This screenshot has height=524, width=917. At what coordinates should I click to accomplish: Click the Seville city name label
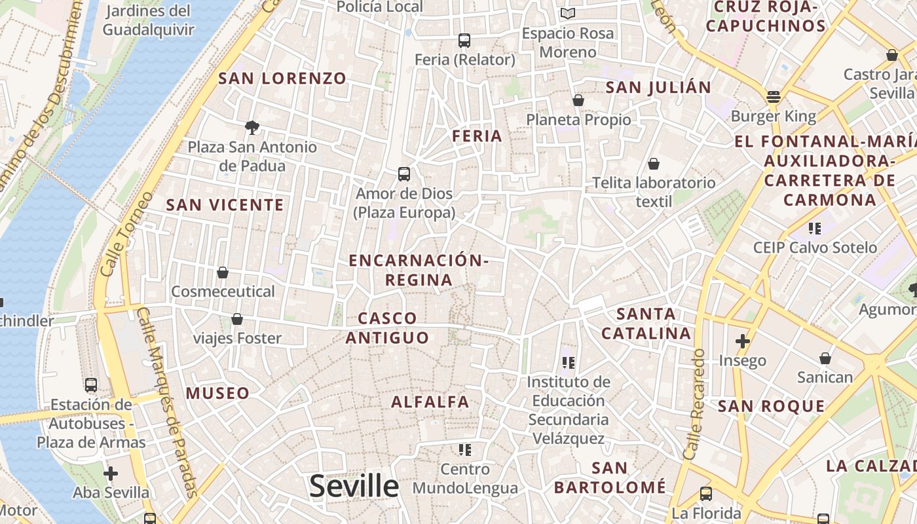(x=354, y=487)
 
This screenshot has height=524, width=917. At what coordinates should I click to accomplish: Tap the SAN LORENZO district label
(x=282, y=79)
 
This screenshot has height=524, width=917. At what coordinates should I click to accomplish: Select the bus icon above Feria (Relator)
(x=464, y=41)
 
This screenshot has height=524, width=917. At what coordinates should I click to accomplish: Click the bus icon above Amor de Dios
(x=404, y=174)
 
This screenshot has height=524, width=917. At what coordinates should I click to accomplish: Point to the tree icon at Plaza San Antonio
(x=252, y=127)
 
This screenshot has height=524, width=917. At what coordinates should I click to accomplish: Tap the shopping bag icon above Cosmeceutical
(x=223, y=272)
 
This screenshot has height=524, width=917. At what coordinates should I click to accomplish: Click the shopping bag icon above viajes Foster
(x=237, y=319)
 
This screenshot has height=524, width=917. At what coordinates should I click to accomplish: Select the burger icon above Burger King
(x=774, y=97)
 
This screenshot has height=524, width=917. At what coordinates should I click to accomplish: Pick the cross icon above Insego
(x=742, y=341)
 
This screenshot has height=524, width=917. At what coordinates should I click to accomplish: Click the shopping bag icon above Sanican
(x=825, y=358)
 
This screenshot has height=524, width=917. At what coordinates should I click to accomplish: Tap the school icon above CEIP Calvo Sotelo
(x=815, y=229)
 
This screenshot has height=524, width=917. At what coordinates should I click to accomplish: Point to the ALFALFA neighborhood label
(x=430, y=402)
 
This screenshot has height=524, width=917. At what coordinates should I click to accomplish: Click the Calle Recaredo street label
(x=694, y=403)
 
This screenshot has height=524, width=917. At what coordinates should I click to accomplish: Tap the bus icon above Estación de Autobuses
(x=91, y=385)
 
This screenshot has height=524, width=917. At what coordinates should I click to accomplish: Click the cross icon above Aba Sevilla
(x=111, y=473)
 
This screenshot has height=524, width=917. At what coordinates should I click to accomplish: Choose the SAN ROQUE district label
(x=772, y=406)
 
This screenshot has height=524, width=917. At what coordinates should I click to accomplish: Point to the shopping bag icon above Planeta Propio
(x=578, y=100)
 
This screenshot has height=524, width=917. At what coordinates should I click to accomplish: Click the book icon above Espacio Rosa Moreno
(x=568, y=14)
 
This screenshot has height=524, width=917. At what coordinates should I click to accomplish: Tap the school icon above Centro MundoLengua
(x=465, y=450)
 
